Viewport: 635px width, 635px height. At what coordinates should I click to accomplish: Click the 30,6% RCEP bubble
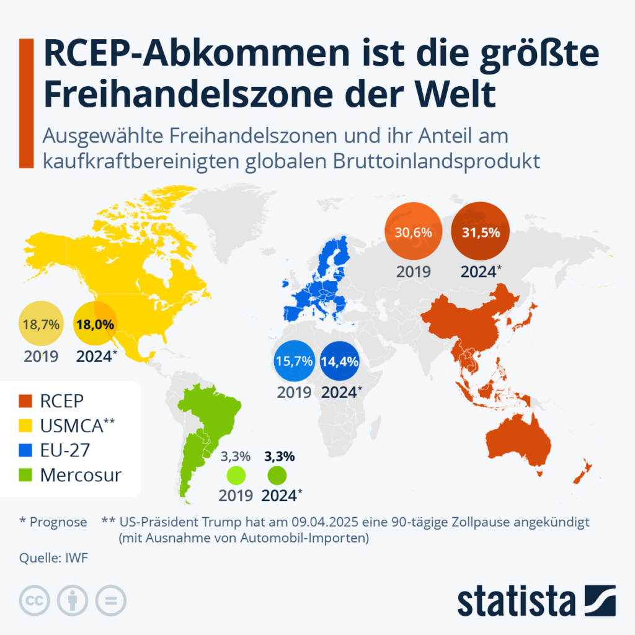[x=414, y=233]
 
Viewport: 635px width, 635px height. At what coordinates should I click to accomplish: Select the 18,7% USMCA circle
[x=41, y=323]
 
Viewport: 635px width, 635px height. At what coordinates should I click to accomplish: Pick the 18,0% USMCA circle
[x=97, y=323]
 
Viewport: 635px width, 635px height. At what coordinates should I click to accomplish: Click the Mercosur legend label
[x=81, y=476]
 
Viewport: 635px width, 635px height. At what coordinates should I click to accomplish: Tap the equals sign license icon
[x=110, y=600]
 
